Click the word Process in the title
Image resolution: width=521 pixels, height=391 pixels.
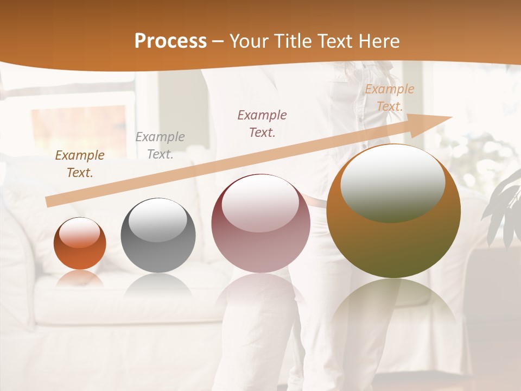point(170,41)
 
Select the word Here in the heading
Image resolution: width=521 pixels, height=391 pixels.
point(379,41)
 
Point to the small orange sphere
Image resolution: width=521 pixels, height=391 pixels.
point(80,244)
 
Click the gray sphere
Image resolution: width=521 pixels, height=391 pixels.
point(158,236)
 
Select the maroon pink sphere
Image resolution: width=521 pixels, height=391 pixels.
point(260,224)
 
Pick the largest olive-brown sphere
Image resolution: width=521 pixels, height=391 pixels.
point(393,212)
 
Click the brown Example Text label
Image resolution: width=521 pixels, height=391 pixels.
point(80,164)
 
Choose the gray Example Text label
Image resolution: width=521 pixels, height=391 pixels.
point(160,146)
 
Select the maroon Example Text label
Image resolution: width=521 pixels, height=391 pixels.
point(262,123)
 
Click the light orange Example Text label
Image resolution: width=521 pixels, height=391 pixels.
point(390,98)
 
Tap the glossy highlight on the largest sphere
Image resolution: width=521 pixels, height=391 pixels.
point(392,182)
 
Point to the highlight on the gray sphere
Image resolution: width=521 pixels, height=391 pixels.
point(157,219)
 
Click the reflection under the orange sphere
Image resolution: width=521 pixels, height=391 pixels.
point(80,279)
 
